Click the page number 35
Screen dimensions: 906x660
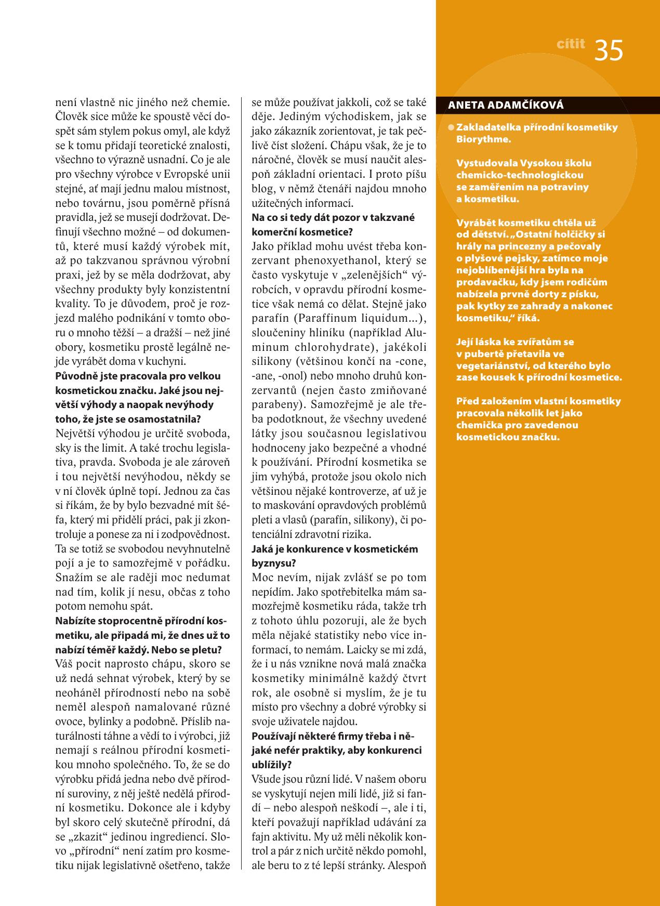click(609, 50)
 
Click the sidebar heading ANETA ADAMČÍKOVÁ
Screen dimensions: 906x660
click(506, 106)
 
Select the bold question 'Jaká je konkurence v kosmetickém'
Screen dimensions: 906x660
click(335, 549)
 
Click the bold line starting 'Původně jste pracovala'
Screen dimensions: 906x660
click(138, 376)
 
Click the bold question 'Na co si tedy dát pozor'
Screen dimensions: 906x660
click(333, 218)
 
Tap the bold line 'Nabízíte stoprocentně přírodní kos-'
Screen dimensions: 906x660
click(142, 621)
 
